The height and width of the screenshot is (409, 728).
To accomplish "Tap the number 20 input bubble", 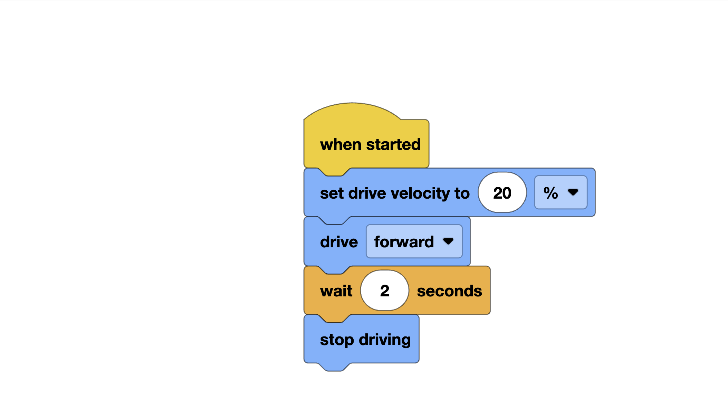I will pyautogui.click(x=502, y=193).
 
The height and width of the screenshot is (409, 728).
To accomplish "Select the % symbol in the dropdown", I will pyautogui.click(x=550, y=193).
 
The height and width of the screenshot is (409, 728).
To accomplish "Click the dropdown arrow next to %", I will pyautogui.click(x=573, y=192).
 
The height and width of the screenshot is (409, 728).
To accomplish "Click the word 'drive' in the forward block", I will pyautogui.click(x=339, y=242).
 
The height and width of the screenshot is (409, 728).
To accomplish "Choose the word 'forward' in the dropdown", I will pyautogui.click(x=404, y=242).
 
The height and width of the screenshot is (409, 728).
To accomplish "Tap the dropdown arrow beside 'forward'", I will pyautogui.click(x=448, y=241).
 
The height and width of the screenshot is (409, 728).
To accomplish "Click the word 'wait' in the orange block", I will pyautogui.click(x=336, y=291).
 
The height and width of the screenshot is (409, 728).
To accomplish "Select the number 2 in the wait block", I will pyautogui.click(x=385, y=291).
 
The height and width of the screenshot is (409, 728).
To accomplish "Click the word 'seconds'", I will pyautogui.click(x=449, y=291).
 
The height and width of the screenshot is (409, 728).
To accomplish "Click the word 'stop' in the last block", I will pyautogui.click(x=337, y=340).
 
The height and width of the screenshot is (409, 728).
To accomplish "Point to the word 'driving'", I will pyautogui.click(x=385, y=340).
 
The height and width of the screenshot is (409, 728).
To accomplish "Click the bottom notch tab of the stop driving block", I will pyautogui.click(x=334, y=367).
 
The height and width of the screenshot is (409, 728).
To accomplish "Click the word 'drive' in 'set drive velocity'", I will pyautogui.click(x=367, y=193).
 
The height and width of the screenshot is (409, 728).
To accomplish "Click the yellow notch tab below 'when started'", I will pyautogui.click(x=334, y=172).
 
